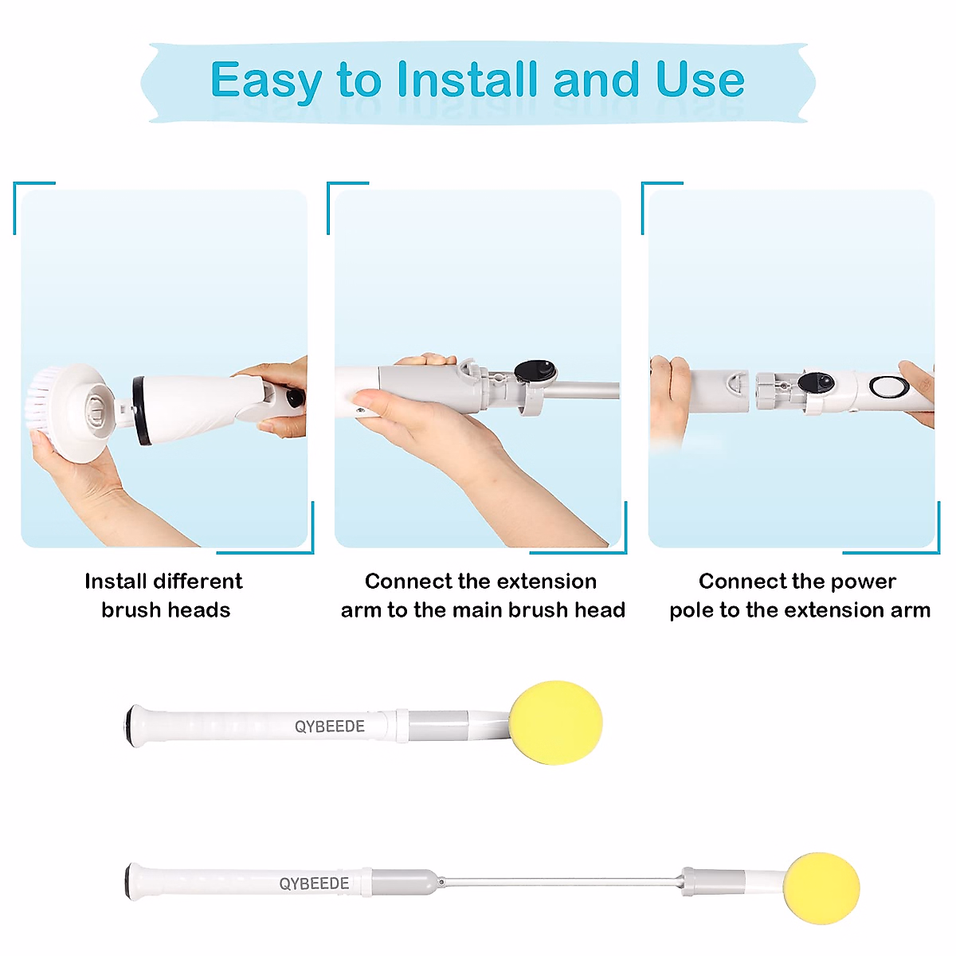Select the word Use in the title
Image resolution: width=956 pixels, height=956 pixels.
point(699,80)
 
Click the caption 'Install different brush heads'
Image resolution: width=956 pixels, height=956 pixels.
point(164,595)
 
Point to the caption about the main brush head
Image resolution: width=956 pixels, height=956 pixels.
point(482,595)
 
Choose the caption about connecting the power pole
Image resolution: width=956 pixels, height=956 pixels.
point(799,595)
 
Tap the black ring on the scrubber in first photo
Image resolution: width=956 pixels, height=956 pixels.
point(140,410)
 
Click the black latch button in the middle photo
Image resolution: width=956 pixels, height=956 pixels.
point(535,370)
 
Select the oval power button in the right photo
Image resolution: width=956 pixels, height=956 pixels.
point(889,387)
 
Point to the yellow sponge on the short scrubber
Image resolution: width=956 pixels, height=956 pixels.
point(555,722)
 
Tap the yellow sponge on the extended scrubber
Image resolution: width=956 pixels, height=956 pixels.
point(821,887)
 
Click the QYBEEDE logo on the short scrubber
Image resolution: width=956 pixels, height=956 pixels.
point(330,727)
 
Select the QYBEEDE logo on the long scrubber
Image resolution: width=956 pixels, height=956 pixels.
point(314,884)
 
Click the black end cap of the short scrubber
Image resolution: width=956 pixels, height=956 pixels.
point(129,723)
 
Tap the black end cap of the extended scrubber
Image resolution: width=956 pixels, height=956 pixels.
point(128,882)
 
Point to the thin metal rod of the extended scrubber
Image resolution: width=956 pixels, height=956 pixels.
point(558,882)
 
